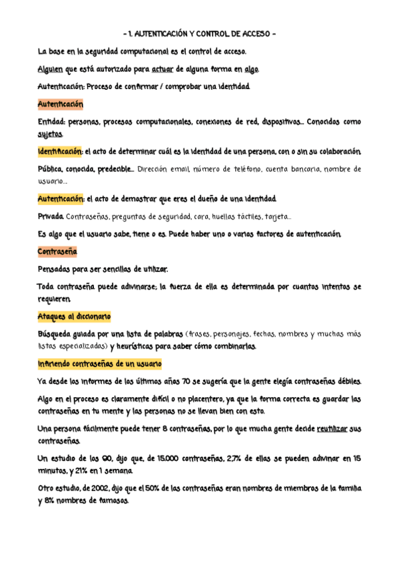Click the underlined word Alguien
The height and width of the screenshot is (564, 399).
50,69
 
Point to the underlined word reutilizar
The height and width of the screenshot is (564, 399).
334,429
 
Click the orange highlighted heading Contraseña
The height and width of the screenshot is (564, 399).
57,252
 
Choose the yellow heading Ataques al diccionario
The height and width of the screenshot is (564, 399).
74,316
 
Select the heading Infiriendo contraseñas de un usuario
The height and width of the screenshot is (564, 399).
99,364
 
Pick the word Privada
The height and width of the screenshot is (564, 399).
51,217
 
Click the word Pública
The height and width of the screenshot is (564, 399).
51,170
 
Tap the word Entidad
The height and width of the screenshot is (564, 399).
52,122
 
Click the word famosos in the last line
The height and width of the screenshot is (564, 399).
108,501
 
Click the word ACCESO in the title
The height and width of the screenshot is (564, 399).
251,33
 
